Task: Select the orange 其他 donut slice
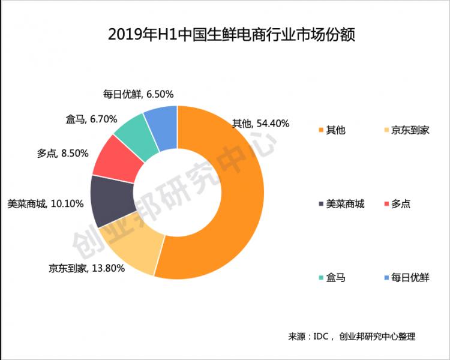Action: click(x=234, y=198)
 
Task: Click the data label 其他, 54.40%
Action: click(x=261, y=124)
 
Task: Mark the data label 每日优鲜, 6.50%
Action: click(x=138, y=94)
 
